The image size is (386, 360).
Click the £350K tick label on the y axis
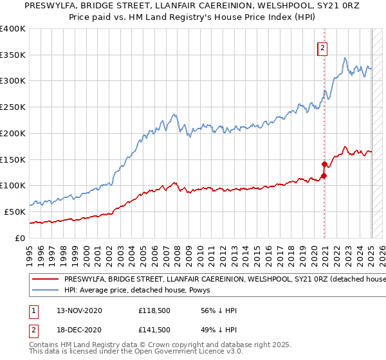click(12, 55)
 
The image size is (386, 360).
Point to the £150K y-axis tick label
click(12, 159)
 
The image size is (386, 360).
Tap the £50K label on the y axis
click(15, 212)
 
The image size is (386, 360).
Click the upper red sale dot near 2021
click(324, 164)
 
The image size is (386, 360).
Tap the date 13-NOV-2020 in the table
click(79, 310)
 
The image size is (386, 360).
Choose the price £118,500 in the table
click(155, 310)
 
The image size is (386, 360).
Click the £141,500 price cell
click(155, 330)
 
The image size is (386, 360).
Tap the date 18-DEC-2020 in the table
click(79, 330)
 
